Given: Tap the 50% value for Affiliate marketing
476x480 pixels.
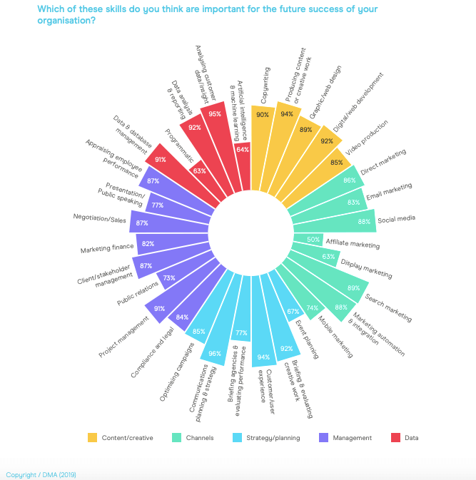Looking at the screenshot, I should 312,240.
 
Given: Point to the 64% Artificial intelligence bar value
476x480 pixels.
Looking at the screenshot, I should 242,150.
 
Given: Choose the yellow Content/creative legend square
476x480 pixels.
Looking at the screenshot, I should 92,437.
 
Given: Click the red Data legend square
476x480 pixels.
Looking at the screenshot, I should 393,437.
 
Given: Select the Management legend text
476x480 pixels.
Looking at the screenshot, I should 352,438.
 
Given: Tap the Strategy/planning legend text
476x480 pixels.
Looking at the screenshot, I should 273,438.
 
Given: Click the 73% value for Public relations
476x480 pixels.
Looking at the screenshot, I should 169,277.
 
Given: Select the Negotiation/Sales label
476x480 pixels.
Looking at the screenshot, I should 99,219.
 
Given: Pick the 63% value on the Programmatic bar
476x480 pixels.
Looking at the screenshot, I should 199,171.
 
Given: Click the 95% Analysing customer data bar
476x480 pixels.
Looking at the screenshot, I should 213,125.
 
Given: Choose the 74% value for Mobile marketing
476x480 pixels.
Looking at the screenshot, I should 312,307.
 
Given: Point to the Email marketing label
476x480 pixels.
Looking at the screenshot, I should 389,192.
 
